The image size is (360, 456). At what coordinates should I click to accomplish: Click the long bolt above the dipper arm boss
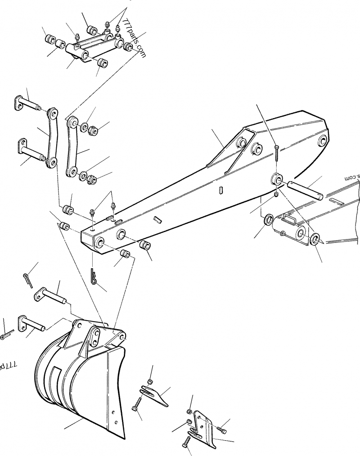[277, 153]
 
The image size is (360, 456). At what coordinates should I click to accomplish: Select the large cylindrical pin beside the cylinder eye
[306, 188]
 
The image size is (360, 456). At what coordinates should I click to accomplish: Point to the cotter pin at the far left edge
[6, 335]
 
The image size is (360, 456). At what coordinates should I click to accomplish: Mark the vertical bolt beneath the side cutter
[185, 443]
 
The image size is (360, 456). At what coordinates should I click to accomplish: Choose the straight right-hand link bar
[72, 146]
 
